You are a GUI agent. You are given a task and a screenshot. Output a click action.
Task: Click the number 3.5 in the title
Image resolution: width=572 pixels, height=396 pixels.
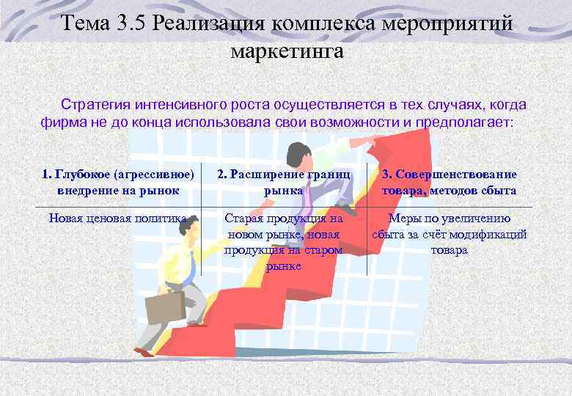[129, 23]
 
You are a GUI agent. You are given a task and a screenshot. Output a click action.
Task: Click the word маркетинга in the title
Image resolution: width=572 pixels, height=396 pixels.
[286, 51]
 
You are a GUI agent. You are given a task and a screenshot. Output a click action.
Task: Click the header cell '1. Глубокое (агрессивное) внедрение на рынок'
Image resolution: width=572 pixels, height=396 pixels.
[118, 182]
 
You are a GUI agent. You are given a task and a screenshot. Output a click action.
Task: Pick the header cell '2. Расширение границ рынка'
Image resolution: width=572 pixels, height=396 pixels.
[285, 182]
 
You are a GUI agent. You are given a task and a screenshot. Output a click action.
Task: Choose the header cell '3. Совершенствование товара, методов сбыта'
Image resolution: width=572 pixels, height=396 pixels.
[449, 182]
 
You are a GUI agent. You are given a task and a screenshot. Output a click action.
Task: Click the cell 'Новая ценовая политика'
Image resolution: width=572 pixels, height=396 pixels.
[118, 218]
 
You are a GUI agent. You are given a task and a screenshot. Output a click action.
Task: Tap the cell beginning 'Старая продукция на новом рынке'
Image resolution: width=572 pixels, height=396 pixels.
[285, 242]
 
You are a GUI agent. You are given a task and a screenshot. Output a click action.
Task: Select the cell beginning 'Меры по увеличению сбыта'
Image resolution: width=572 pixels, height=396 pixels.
[449, 234]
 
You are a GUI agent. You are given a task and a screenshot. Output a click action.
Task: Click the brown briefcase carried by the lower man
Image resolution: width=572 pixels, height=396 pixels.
[164, 309]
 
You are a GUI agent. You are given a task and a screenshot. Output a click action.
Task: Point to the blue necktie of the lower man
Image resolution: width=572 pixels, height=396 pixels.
[192, 263]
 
